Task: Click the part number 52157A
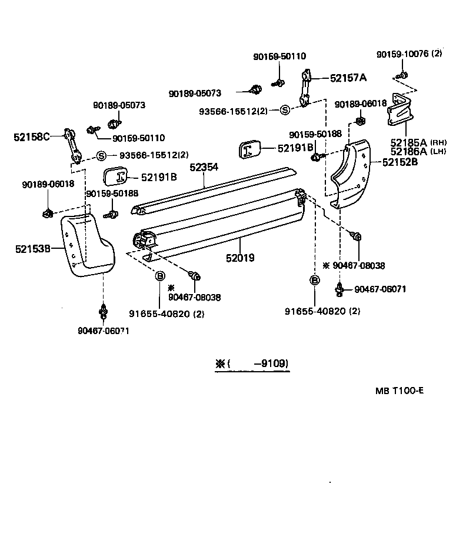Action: (x=348, y=77)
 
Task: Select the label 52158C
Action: (x=31, y=137)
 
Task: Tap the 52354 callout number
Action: (x=204, y=168)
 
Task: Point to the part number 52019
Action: (x=240, y=258)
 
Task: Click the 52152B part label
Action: (x=400, y=161)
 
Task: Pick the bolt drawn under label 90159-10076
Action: (x=402, y=75)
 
